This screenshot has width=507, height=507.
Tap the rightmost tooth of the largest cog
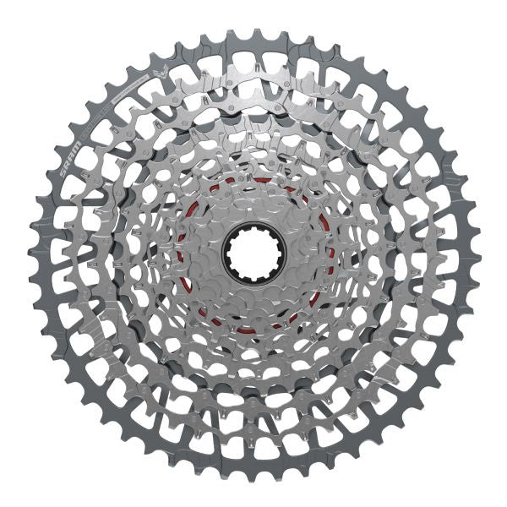pyautogui.click(x=474, y=254)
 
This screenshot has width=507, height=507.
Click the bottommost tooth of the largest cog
pyautogui.click(x=253, y=475)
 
